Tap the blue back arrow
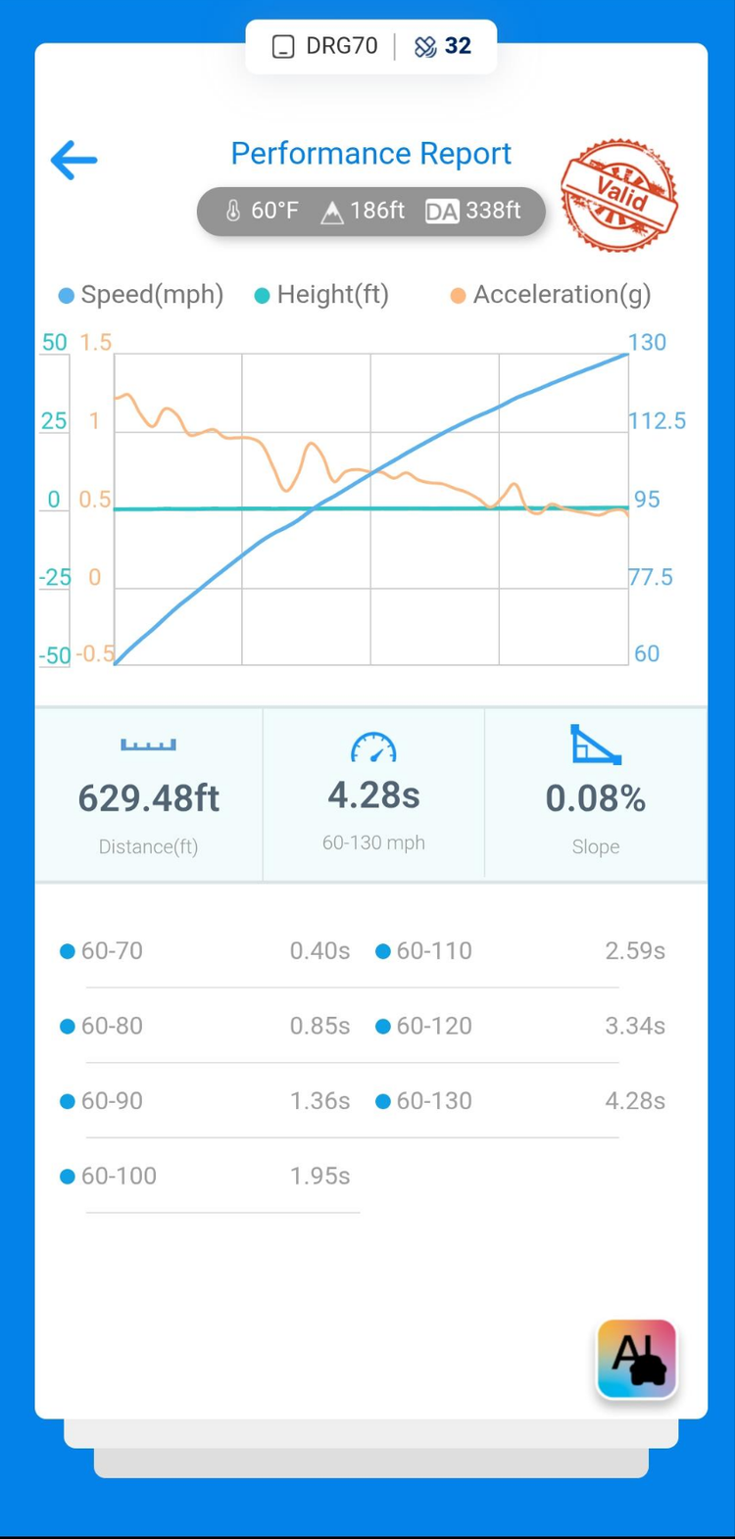[73, 160]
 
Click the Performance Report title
[370, 154]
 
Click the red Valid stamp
[618, 194]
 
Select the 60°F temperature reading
[263, 211]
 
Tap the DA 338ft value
[474, 211]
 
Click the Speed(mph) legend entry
[141, 295]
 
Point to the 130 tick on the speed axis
[647, 343]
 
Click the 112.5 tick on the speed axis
[657, 421]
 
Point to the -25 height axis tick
[55, 577]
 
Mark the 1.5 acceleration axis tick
[96, 343]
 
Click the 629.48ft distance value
[149, 799]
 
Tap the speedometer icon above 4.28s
[373, 748]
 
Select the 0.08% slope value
[596, 799]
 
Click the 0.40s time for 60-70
[319, 951]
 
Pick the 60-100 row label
[119, 1176]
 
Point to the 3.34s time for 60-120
[635, 1026]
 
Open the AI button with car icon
[637, 1359]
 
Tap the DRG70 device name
[340, 46]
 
